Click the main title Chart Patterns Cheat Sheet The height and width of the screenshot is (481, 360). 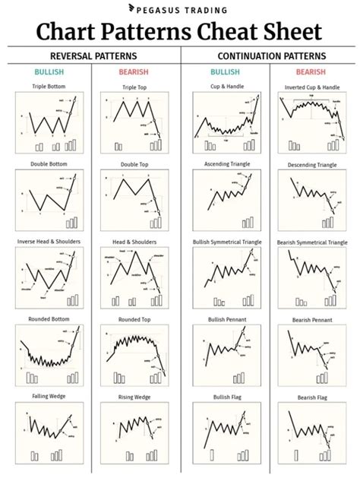point(180,33)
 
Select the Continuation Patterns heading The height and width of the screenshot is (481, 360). point(270,56)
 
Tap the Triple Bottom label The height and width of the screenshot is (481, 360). point(48,87)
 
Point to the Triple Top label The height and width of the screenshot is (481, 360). point(134,87)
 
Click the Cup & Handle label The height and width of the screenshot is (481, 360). point(226,87)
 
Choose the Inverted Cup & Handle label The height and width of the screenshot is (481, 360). point(312,87)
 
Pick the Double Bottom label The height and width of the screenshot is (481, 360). point(48,164)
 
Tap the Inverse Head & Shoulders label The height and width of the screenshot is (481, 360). point(48,242)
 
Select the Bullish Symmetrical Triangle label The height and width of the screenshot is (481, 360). point(226,242)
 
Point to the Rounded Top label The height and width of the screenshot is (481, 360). point(134,319)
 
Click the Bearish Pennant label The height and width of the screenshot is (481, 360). point(312,319)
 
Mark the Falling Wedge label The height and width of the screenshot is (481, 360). point(48,396)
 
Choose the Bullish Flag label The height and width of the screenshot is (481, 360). point(226,396)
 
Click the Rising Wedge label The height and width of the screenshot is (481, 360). point(134,396)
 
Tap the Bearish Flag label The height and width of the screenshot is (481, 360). point(312,396)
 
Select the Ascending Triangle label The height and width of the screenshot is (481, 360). point(226,164)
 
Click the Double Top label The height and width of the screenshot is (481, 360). point(134,164)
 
